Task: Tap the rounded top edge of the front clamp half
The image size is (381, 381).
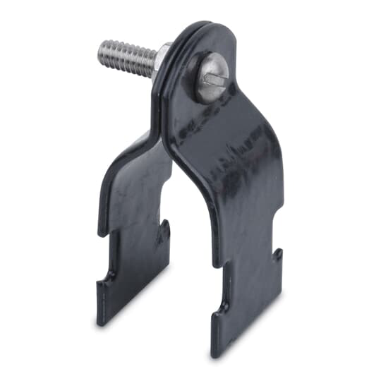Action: (x=212, y=31)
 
